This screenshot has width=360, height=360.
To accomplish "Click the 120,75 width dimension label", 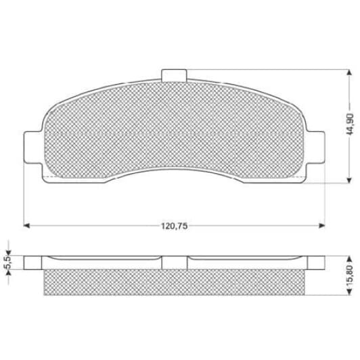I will coord(175,225).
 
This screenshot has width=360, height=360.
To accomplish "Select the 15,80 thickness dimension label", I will coord(349,275).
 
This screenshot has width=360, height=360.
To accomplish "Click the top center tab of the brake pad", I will coord(174,75).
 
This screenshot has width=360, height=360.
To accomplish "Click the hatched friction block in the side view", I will coord(175,283).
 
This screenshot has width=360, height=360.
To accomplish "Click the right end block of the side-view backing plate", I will coord(316,263).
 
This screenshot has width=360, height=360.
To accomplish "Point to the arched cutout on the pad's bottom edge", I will coord(175,162).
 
